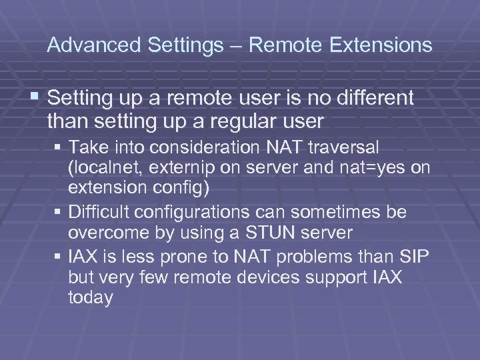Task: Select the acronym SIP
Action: pyautogui.click(x=414, y=255)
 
